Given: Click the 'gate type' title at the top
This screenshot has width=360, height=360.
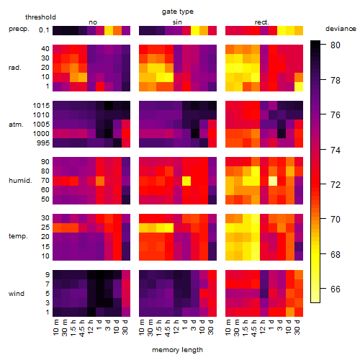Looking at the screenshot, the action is pos(178,12).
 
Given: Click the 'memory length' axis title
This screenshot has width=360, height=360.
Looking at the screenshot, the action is pos(177,350).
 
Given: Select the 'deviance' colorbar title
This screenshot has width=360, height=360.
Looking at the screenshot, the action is pos(341,29).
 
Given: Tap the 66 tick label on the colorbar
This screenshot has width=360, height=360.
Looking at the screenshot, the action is pos(336,289).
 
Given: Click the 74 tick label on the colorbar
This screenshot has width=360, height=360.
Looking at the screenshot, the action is pos(336,150).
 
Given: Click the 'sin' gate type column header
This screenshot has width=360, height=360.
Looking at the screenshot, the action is pos(177,22).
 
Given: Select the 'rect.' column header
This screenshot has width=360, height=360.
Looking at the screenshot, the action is pos(262,22).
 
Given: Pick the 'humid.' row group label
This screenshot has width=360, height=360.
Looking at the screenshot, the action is pos(20,181).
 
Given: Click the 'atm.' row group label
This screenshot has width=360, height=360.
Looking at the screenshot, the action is pos(16,125).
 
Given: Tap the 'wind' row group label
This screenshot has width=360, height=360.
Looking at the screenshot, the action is pos(17,294).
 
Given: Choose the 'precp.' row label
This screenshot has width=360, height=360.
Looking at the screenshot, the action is pos(19,30).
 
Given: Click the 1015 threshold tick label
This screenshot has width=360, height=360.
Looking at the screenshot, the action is pos(41,106).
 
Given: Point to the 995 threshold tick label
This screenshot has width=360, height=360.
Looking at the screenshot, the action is pos(43,143).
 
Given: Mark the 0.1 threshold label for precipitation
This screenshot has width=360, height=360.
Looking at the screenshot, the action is pos(44,30).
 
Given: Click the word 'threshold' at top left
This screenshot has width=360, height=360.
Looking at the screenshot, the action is pos(40,17).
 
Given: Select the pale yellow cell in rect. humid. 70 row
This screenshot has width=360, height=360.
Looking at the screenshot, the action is pos(273,181).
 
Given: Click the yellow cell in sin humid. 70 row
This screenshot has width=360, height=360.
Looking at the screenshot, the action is pos(186,181).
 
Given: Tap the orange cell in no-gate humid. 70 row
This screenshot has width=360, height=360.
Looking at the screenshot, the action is pos(100,181).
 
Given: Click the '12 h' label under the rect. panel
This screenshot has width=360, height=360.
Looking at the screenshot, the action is pos(263,327).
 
